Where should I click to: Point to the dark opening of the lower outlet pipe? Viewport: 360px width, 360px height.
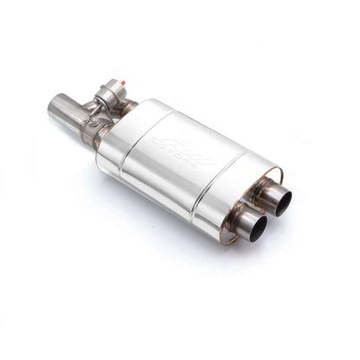(254, 227)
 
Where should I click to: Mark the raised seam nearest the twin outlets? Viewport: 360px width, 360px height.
(227, 185)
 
